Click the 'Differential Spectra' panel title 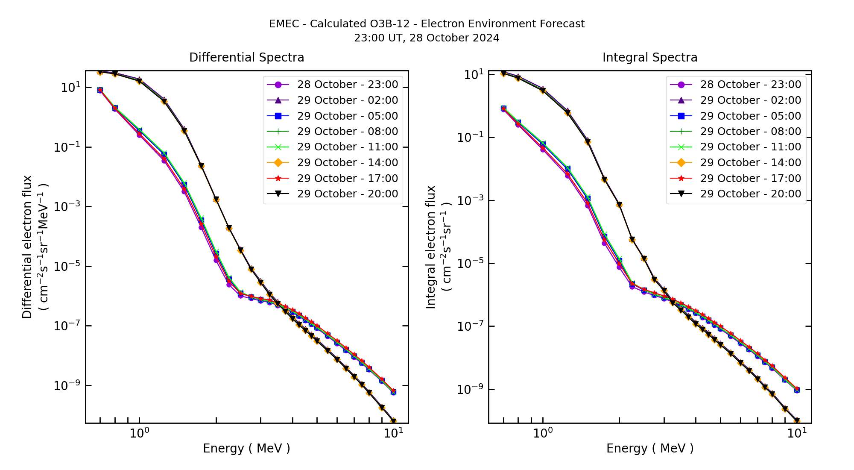coord(246,57)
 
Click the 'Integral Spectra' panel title coord(649,57)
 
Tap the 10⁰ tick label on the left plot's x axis coord(139,433)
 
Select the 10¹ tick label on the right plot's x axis coord(797,433)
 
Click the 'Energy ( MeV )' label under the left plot coord(246,448)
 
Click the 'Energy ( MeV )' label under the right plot coord(649,448)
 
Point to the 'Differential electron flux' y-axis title coord(27,247)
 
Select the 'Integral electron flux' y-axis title coord(430,247)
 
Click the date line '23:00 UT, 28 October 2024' coord(427,38)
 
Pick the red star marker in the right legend coord(681,179)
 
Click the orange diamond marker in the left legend coord(278,163)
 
